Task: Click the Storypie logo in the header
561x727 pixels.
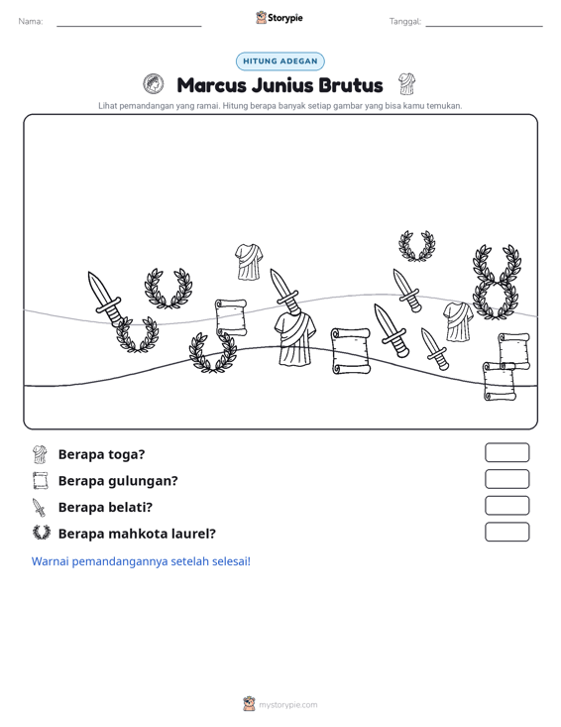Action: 280,18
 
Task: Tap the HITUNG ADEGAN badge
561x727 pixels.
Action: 280,61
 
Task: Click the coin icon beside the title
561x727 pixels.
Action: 154,84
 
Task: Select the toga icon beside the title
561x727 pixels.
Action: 406,84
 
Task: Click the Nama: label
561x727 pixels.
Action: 31,22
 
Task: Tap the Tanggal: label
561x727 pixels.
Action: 405,22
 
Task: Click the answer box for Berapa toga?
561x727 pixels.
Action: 506,452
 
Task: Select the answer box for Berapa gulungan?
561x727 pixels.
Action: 506,479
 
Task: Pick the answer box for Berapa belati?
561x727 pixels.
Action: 506,506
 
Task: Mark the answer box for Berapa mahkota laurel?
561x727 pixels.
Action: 506,532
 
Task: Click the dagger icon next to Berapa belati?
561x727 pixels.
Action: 40,507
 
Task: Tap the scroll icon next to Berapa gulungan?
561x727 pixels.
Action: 41,481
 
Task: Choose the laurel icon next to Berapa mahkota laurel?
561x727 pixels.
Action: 42,533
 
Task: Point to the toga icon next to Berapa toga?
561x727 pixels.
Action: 41,454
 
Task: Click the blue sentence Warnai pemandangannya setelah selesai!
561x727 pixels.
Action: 141,561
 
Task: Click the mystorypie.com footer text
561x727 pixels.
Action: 287,705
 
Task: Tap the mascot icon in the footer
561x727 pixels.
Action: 249,704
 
